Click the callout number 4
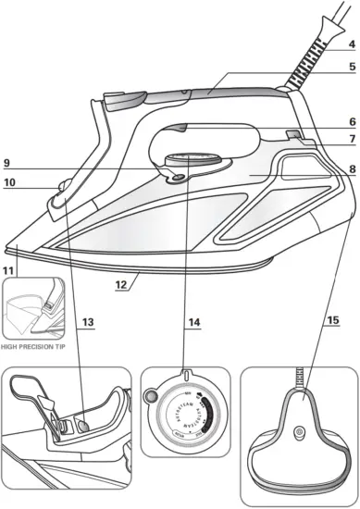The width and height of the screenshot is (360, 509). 351,43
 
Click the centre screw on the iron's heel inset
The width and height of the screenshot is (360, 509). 298,432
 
